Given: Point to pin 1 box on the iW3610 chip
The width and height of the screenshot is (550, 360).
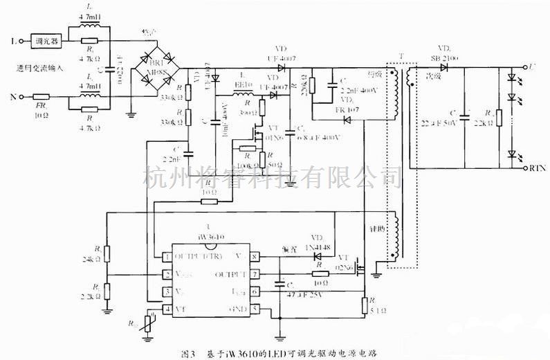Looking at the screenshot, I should click(x=167, y=257).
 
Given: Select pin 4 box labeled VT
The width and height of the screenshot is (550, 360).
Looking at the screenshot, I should click(x=167, y=308).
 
